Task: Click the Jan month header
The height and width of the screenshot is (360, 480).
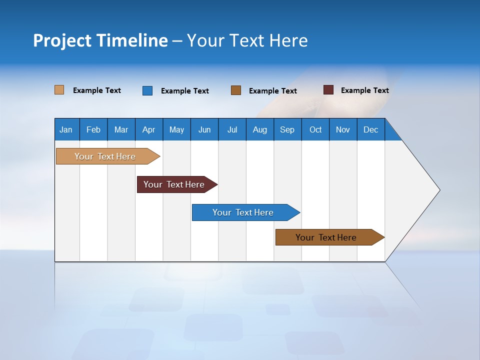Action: (x=66, y=129)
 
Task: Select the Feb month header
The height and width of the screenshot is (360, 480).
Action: (x=93, y=129)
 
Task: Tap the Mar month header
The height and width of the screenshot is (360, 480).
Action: (x=121, y=129)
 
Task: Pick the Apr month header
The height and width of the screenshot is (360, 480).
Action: (x=149, y=129)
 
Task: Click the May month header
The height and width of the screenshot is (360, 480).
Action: (x=176, y=129)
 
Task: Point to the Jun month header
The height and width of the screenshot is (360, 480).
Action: (x=204, y=129)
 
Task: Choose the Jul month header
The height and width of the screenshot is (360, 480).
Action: (x=232, y=129)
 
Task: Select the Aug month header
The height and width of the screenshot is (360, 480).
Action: (x=260, y=129)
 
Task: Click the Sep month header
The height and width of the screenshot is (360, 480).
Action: (x=287, y=129)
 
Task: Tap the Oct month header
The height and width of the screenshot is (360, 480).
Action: (x=315, y=129)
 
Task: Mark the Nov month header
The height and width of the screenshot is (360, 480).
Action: (x=343, y=129)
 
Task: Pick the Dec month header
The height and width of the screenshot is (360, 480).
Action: (x=371, y=129)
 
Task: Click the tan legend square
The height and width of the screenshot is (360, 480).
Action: (x=59, y=90)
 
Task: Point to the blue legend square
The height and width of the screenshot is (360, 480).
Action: (x=147, y=90)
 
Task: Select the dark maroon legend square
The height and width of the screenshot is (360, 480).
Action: (x=328, y=90)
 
